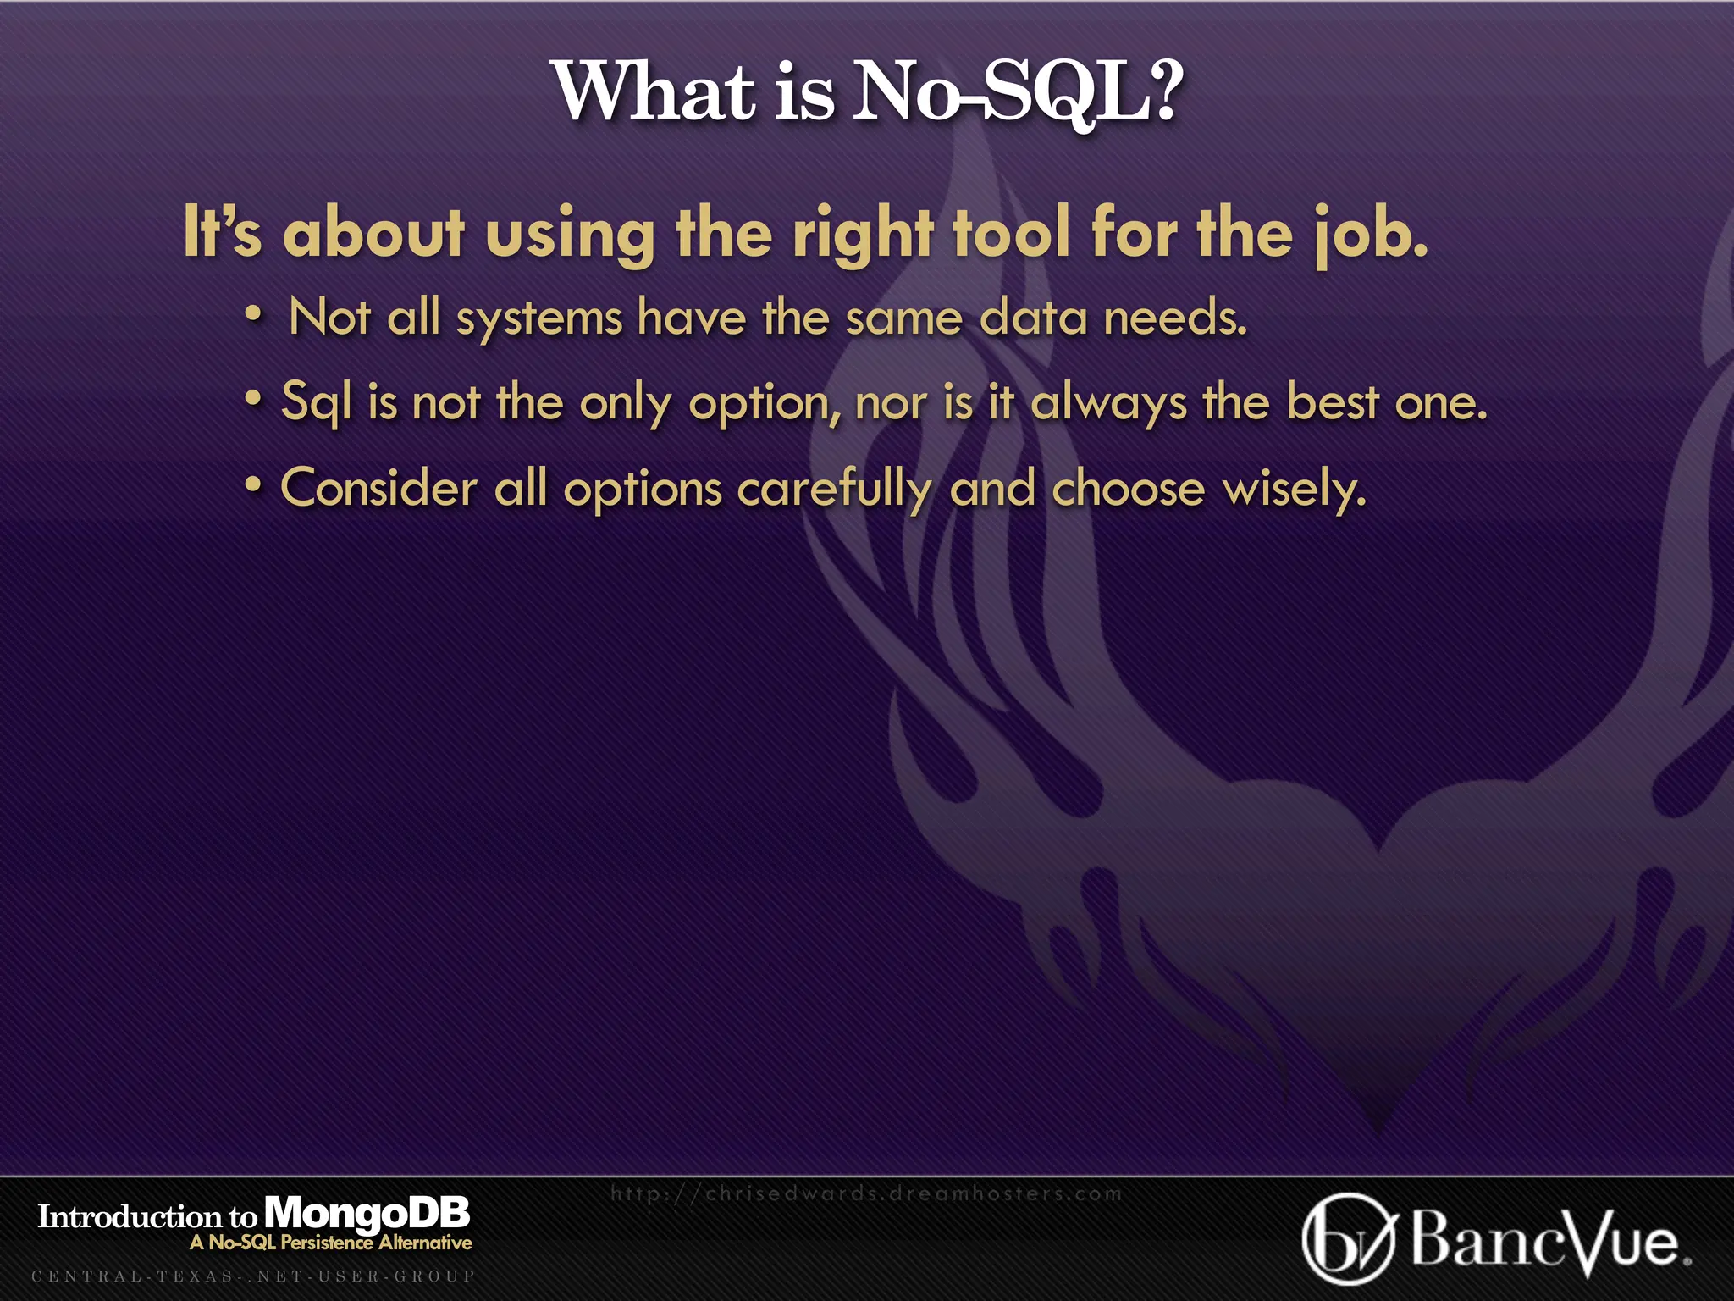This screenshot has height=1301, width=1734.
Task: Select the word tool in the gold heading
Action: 1013,233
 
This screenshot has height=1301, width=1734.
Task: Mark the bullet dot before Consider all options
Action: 253,485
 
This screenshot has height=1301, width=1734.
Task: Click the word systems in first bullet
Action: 539,320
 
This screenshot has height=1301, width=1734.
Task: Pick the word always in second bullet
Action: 1108,403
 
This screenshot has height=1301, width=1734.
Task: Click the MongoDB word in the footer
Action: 367,1215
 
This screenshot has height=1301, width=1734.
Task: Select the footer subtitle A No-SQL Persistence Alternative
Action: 331,1243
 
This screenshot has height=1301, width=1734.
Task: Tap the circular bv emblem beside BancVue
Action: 1347,1238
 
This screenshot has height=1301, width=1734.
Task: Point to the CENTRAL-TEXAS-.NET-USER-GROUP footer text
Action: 253,1276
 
